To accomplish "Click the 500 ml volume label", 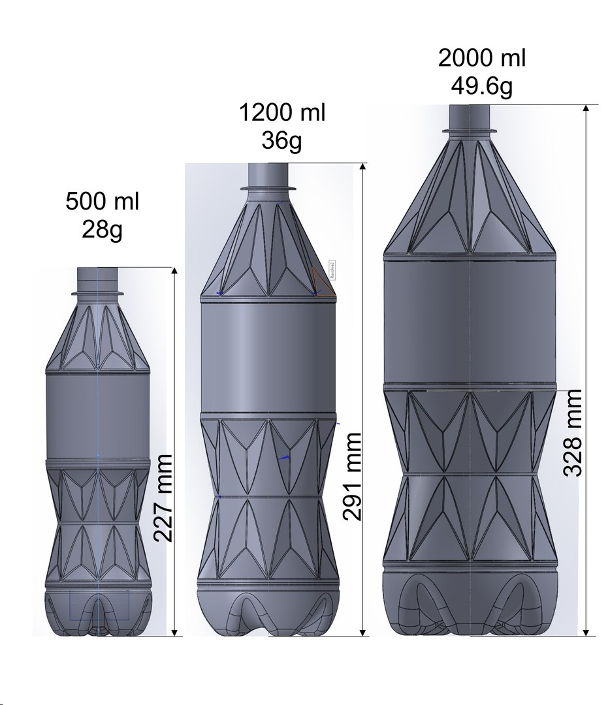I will pyautogui.click(x=102, y=202).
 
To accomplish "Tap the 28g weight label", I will pyautogui.click(x=102, y=229).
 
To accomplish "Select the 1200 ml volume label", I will pyautogui.click(x=281, y=113).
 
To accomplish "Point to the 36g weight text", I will pyautogui.click(x=281, y=140).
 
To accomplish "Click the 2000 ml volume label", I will pyautogui.click(x=481, y=58).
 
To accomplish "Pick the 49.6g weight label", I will pyautogui.click(x=481, y=86).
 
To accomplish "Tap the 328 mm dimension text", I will pyautogui.click(x=572, y=433).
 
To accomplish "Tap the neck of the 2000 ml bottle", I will pyautogui.click(x=470, y=116).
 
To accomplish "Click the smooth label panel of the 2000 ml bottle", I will pyautogui.click(x=470, y=320).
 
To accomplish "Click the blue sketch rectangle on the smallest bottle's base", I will pyautogui.click(x=99, y=605).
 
